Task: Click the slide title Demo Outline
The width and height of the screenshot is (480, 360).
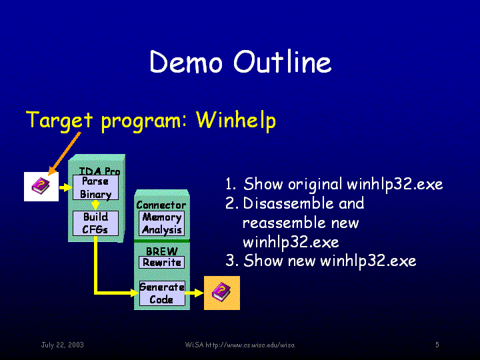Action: tap(241, 61)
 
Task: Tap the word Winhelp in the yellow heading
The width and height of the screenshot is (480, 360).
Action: tap(236, 120)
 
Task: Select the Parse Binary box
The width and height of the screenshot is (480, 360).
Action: tap(95, 187)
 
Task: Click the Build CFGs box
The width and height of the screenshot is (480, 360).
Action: tap(95, 223)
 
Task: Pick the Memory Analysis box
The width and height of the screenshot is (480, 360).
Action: tap(161, 223)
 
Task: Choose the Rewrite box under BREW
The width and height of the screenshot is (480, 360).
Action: tap(161, 263)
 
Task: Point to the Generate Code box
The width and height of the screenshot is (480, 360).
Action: tap(162, 293)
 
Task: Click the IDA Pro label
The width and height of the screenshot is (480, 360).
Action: tap(99, 171)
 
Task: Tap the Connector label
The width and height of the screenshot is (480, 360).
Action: tap(161, 205)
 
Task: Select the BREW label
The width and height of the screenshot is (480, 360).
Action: tap(161, 251)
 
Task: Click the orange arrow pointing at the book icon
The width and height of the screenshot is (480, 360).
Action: tap(65, 154)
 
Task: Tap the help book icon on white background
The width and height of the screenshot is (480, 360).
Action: tap(41, 187)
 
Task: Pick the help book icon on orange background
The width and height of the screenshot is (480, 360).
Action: tap(222, 293)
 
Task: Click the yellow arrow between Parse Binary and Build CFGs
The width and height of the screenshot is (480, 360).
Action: tap(95, 205)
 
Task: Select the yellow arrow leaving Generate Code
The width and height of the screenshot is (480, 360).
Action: tap(195, 293)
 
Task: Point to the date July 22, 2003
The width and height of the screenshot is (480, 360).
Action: tap(63, 345)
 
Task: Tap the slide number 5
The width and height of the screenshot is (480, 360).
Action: tap(437, 345)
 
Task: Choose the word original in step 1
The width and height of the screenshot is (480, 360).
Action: tap(315, 184)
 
